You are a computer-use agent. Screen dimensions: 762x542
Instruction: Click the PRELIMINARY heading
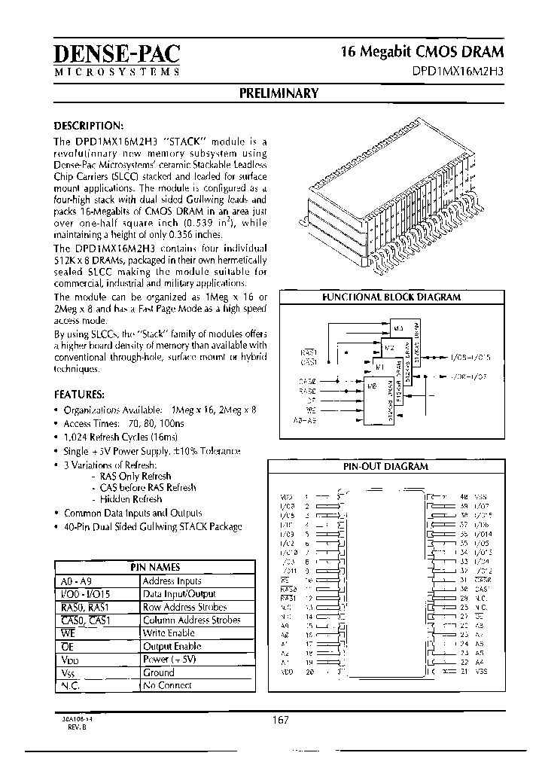pos(279,93)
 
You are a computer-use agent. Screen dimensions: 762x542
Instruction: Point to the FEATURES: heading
pos(79,395)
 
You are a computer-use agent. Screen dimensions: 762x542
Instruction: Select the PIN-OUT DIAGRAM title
pos(385,466)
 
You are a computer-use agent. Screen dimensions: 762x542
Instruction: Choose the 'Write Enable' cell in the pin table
pos(169,633)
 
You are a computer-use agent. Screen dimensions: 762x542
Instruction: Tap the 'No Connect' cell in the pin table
pos(167,685)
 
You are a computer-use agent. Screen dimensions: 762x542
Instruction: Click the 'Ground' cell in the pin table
pos(158,672)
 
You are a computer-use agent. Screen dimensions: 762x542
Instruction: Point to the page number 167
pos(281,721)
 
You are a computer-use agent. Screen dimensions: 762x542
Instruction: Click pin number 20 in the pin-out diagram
pos(308,671)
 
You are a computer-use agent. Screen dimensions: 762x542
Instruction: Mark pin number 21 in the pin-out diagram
pos(464,671)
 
